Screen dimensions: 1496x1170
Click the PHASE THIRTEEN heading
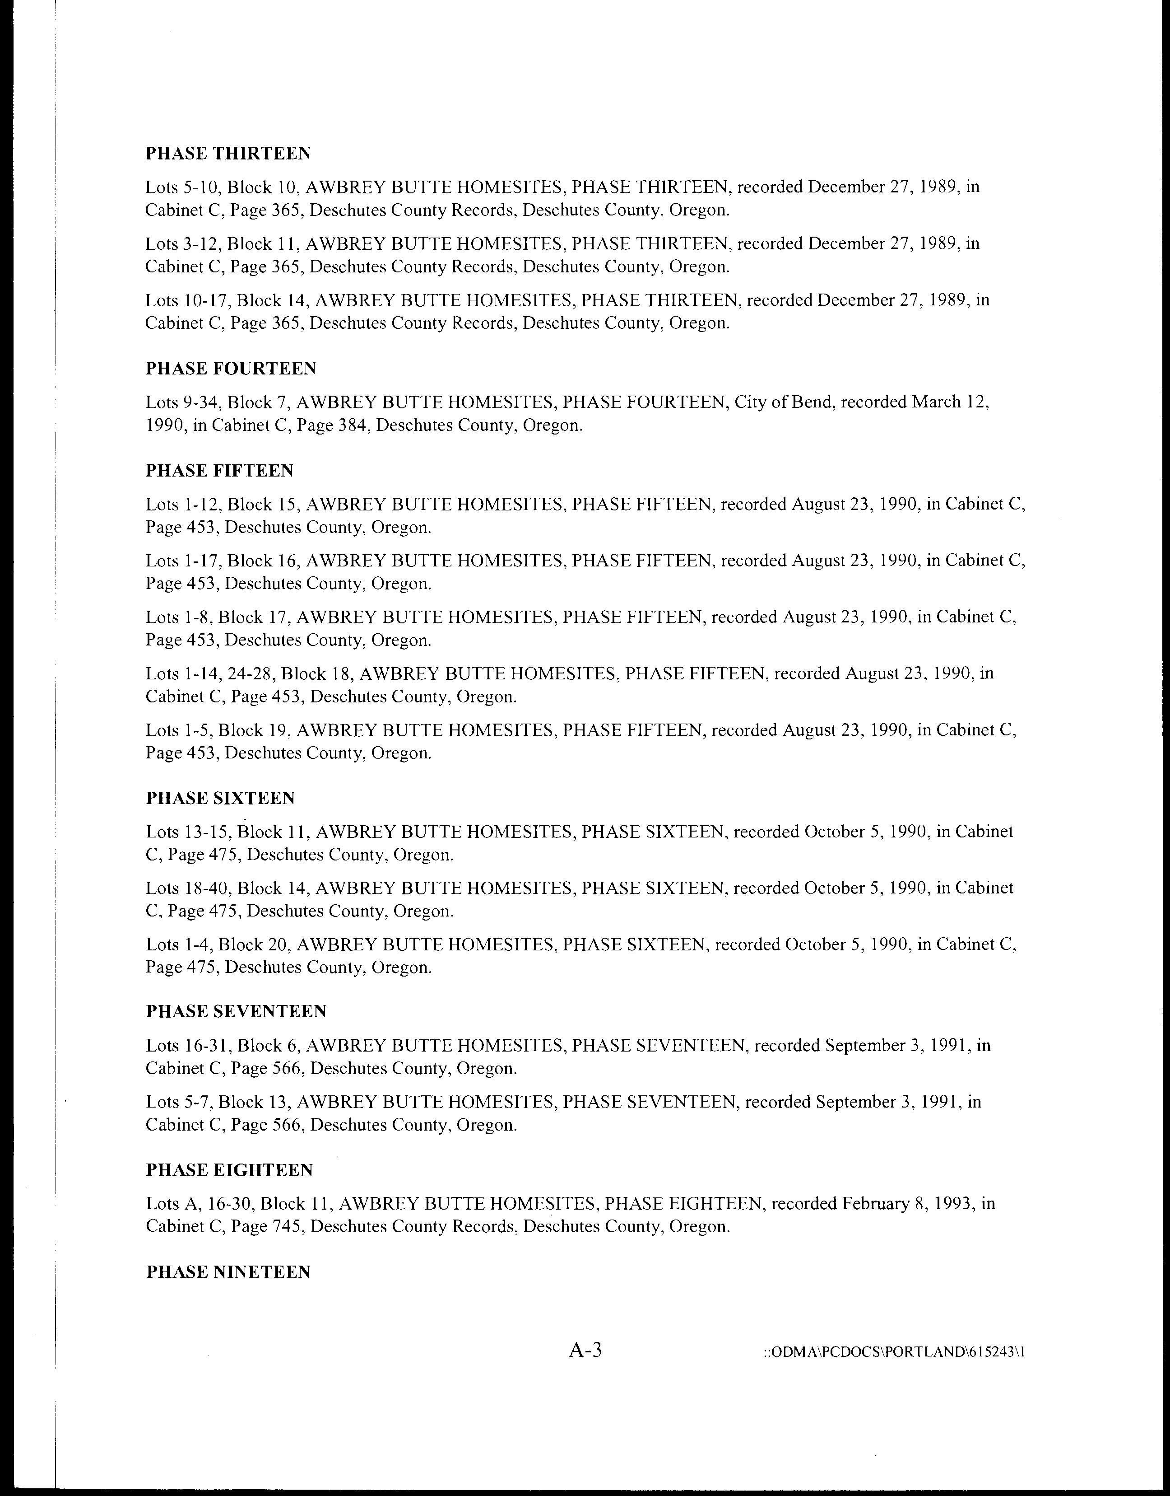coord(228,154)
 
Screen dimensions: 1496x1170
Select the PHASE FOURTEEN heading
coord(231,369)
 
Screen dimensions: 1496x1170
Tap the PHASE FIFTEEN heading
coord(219,471)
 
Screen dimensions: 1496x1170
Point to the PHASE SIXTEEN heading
coord(220,799)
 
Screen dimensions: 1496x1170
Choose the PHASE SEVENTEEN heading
coord(237,1011)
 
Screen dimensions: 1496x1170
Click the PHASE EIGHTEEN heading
coord(229,1170)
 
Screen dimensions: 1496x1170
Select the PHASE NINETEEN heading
coord(228,1272)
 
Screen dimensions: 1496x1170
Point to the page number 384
coord(355,425)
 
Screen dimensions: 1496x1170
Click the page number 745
coord(288,1227)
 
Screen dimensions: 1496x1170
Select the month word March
coord(937,402)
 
